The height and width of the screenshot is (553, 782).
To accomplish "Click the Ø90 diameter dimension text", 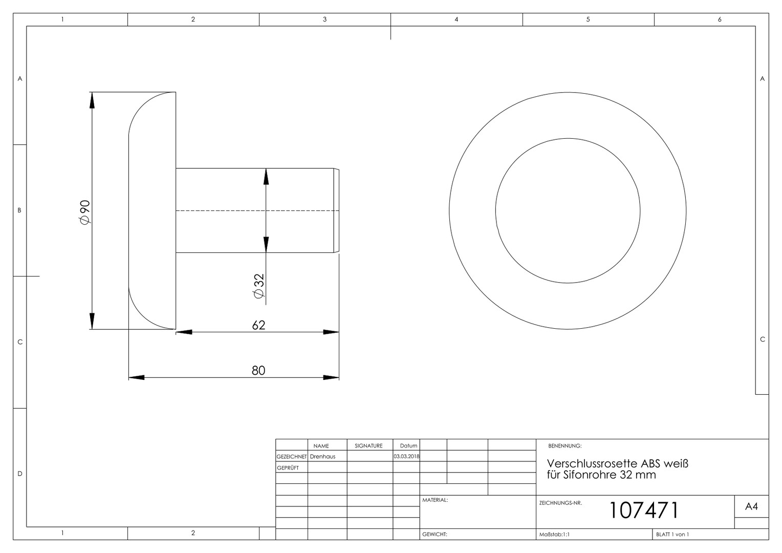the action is [85, 212].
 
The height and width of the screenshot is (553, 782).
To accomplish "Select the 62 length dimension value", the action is [258, 325].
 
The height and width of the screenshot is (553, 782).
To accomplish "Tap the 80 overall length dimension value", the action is [258, 370].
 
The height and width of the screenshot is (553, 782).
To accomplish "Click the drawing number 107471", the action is [644, 510].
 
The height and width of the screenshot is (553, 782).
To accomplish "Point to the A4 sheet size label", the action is [751, 506].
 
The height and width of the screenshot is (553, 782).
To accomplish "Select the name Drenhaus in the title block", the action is [322, 456].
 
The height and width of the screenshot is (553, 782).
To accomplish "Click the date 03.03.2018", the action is [406, 456].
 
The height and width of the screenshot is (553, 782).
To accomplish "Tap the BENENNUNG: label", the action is [565, 446].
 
